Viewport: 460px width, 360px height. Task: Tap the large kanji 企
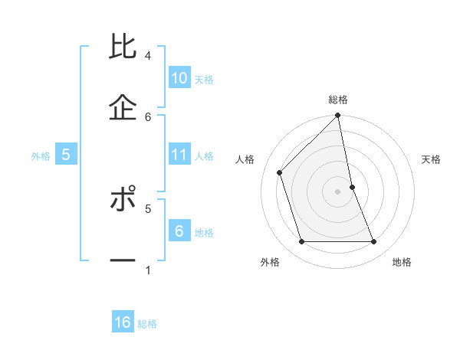[x=123, y=108]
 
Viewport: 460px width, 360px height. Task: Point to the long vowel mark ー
[x=123, y=260]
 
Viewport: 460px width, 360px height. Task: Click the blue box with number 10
[x=179, y=78]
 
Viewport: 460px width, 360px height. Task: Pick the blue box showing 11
[x=179, y=155]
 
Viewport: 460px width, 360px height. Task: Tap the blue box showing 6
[x=179, y=231]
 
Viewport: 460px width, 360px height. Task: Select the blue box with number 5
[x=66, y=155]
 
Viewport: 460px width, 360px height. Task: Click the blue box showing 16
[x=123, y=322]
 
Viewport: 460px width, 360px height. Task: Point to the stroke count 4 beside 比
[x=148, y=55]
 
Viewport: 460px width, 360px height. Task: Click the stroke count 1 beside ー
[x=148, y=270]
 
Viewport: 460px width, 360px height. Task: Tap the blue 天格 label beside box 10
[x=204, y=79]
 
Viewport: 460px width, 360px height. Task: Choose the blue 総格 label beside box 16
[x=147, y=324]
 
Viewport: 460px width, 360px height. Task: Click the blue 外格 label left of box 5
[x=41, y=156]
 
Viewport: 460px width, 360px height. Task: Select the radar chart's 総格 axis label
[x=338, y=100]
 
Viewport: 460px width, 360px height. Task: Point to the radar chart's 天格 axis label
[x=432, y=159]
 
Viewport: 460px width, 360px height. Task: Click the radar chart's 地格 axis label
[x=402, y=263]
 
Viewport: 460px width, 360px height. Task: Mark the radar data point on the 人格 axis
[x=280, y=172]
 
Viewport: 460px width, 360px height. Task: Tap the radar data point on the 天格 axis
[x=352, y=187]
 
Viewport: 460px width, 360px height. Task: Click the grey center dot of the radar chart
[x=338, y=191]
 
